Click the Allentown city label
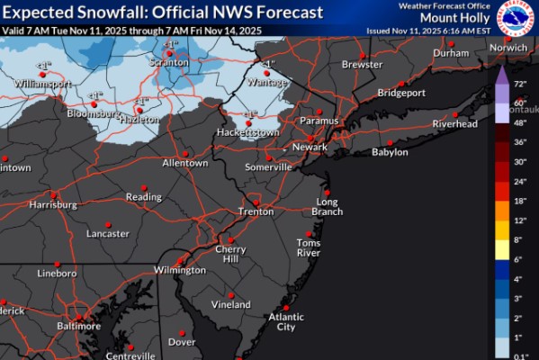pos(185,163)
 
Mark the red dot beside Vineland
pos(231,294)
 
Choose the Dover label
pos(182,342)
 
